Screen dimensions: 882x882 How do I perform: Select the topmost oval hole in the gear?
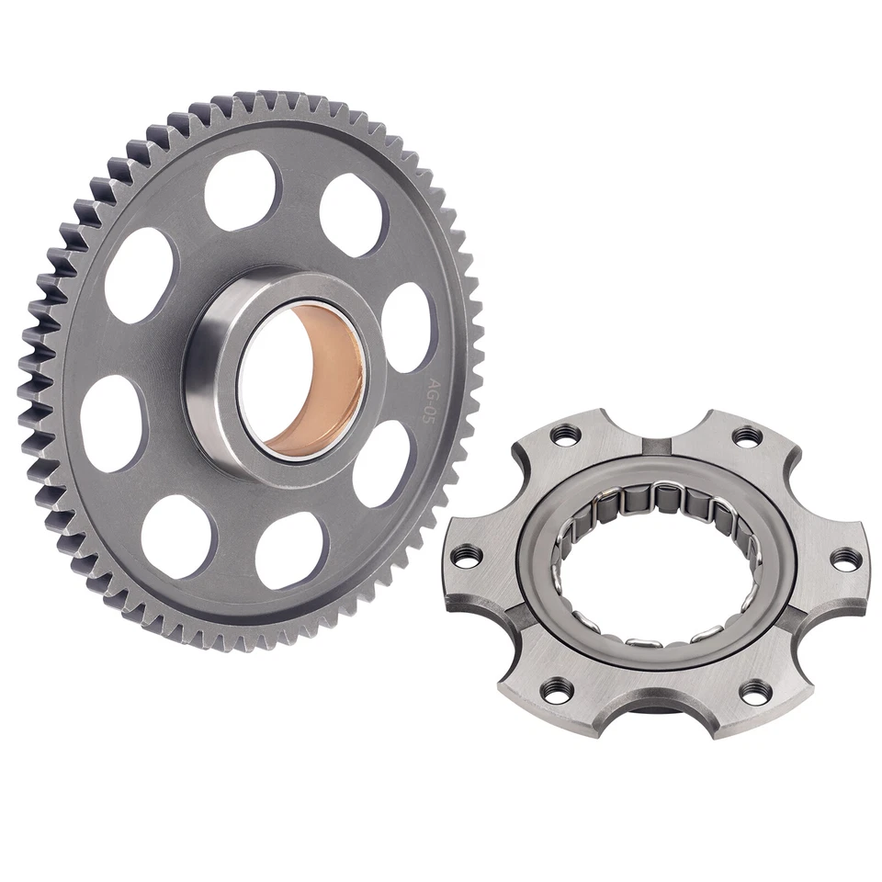pos(241,190)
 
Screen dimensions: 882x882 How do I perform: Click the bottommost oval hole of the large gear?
pos(290,549)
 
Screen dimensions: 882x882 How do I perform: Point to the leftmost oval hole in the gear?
pos(111,423)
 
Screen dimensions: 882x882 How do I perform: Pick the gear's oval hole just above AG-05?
pos(405,326)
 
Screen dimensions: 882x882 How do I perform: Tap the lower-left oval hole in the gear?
pos(178,537)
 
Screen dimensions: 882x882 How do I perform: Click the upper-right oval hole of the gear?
pos(353,214)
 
